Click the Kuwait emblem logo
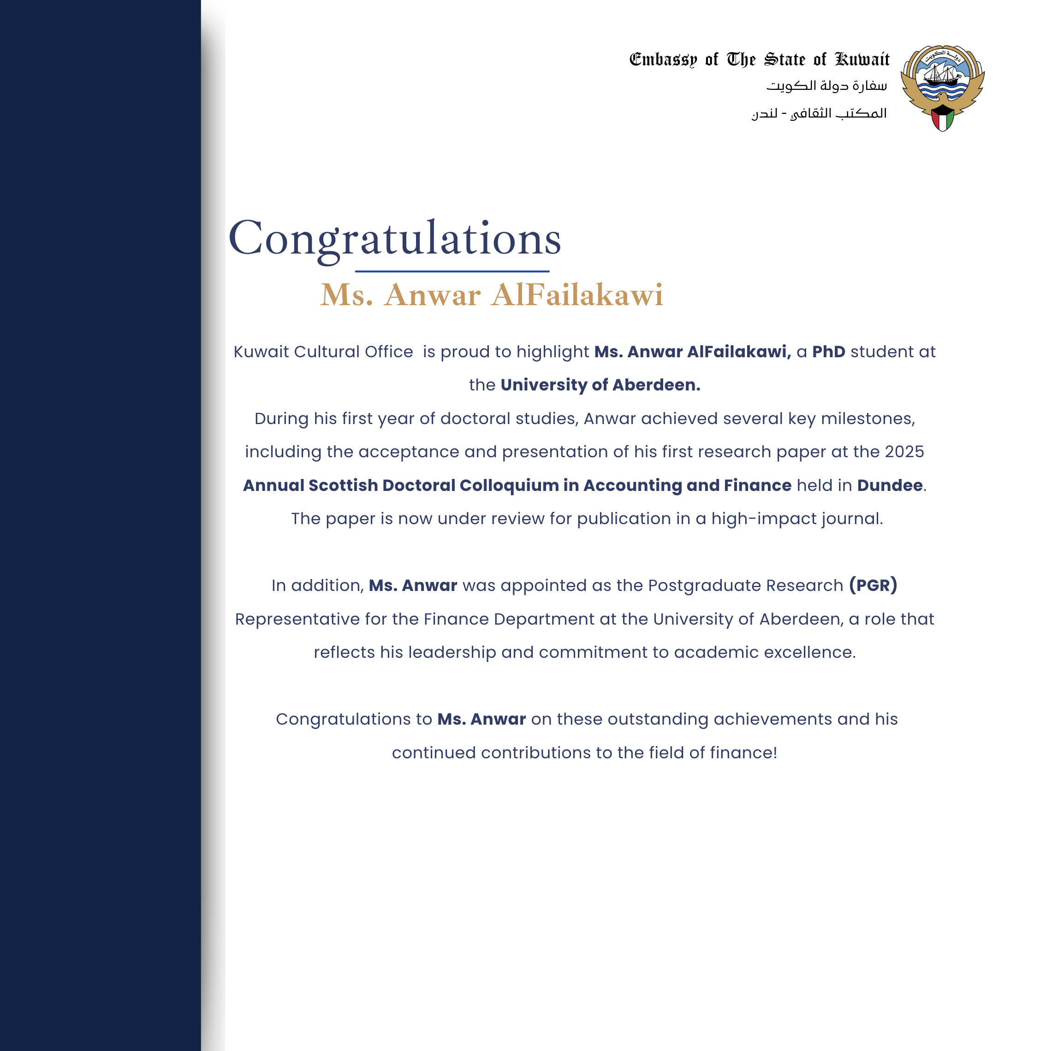click(x=942, y=87)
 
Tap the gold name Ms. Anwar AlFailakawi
click(x=492, y=295)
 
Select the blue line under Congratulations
click(x=452, y=271)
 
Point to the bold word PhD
click(x=828, y=352)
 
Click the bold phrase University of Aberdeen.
click(x=600, y=385)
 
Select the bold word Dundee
click(x=890, y=485)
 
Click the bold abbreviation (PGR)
click(x=873, y=585)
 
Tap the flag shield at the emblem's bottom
click(x=943, y=118)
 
